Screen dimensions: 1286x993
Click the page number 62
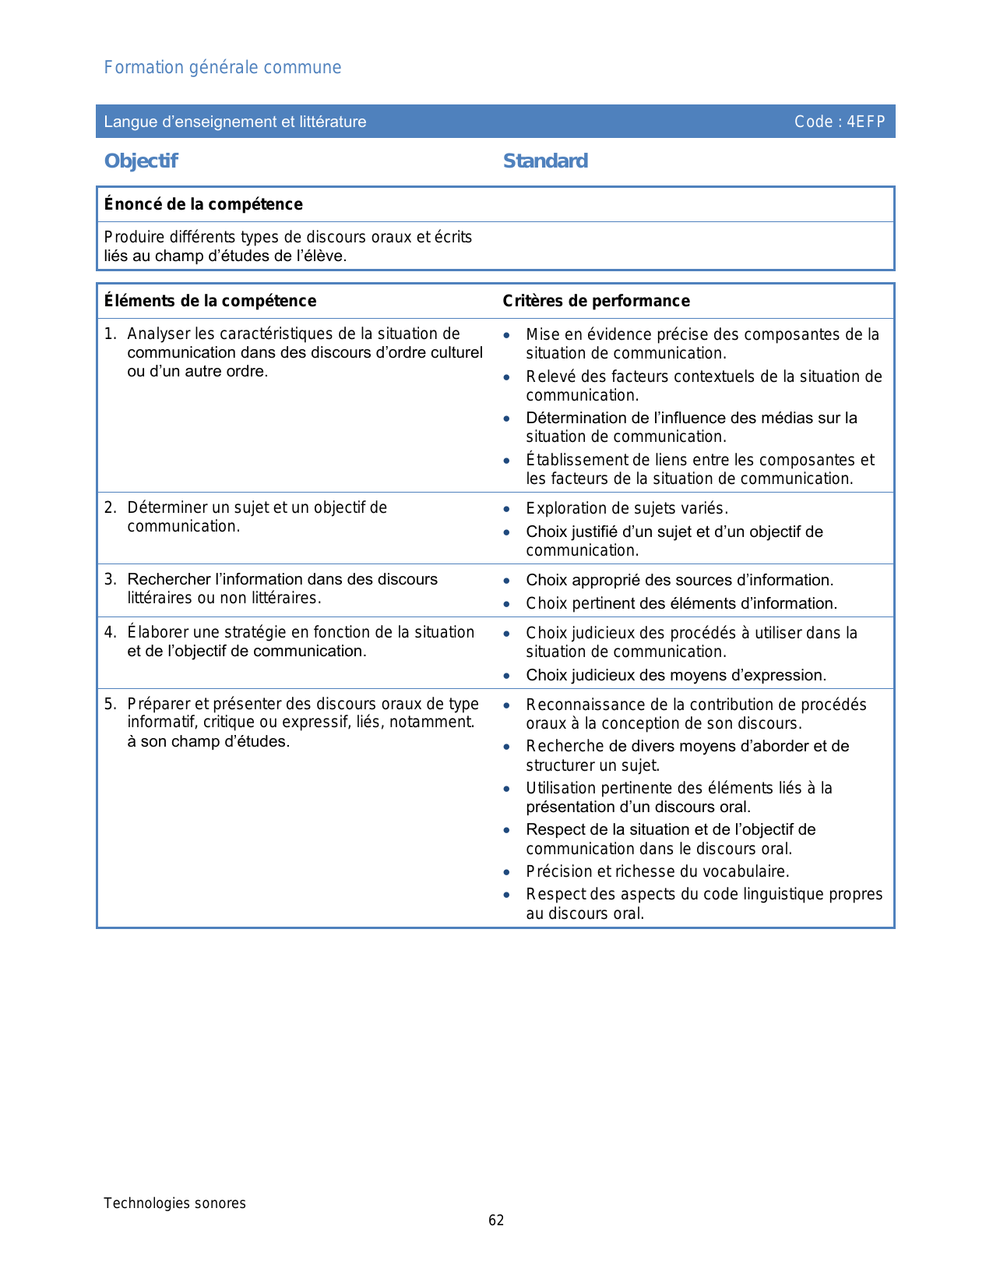496,1221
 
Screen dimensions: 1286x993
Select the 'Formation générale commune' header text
223,68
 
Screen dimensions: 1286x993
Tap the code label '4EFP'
866,122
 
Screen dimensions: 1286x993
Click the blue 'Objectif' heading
141,161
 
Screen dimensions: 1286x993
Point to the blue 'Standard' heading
545,161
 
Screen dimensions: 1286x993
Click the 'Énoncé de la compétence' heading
203,204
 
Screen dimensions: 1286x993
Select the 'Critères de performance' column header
596,301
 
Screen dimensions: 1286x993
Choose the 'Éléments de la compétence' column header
210,301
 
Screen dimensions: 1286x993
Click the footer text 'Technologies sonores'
174,1203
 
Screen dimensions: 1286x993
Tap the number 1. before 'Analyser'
110,334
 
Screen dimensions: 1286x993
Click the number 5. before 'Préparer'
110,704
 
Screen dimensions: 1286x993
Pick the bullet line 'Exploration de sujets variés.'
627,509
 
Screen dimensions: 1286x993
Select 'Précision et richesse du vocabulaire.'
657,871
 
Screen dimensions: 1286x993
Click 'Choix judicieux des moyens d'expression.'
676,675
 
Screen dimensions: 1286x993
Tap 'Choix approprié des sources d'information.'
679,580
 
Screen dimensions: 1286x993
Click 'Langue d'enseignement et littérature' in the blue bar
235,122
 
